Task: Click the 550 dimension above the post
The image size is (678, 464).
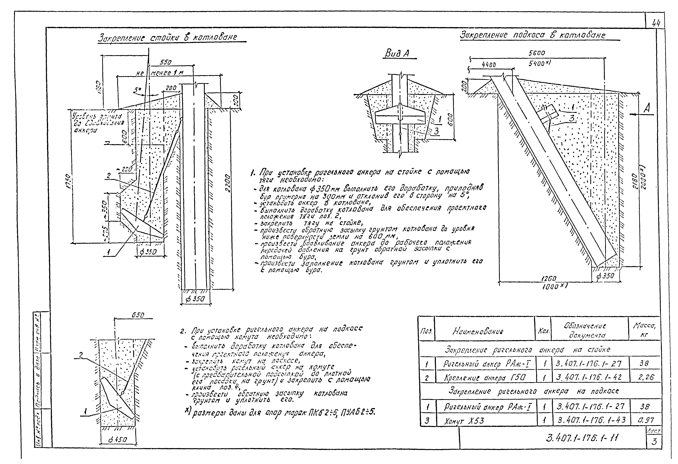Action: (x=166, y=62)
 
